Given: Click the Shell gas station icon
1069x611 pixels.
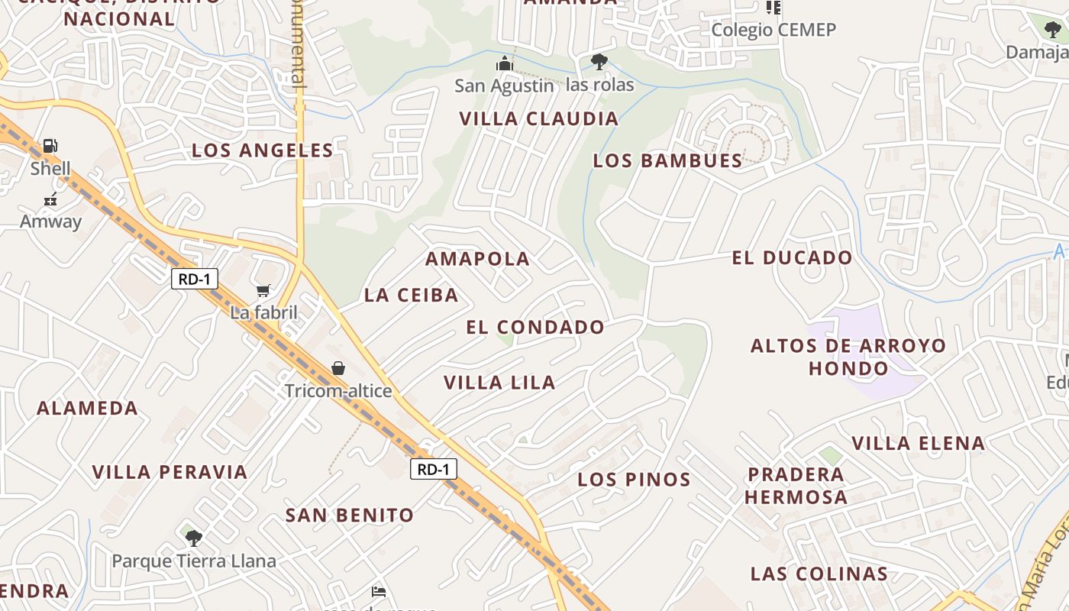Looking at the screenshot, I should (x=50, y=145).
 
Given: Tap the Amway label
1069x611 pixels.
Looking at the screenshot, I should (x=50, y=221).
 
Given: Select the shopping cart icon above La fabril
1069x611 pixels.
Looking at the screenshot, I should (x=263, y=290).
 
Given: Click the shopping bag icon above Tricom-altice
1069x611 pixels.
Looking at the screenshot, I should (x=338, y=369).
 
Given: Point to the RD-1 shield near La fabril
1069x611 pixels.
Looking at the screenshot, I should (x=194, y=280).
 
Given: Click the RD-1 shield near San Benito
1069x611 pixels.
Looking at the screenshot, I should (x=434, y=469).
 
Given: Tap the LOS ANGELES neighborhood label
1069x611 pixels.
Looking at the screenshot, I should (x=263, y=150).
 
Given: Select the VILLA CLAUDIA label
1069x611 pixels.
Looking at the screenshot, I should (x=538, y=118).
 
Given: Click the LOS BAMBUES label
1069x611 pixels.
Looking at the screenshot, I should (x=667, y=160).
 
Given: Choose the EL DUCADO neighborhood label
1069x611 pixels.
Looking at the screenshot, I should (x=792, y=258).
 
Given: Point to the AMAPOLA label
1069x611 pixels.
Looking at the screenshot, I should (x=477, y=259).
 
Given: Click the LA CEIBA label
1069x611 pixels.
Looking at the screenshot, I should (x=411, y=295).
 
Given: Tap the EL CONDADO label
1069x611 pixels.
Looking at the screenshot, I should (x=535, y=328).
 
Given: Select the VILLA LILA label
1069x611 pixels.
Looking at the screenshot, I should (x=499, y=383).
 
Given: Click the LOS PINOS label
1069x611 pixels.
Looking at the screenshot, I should (x=634, y=480).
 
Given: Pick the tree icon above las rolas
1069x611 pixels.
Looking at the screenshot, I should (x=599, y=61).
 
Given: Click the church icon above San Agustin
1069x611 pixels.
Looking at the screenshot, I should (x=504, y=63).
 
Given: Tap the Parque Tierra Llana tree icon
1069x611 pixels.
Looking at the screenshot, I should (x=194, y=538).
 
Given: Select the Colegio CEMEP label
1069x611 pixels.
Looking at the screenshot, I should (x=773, y=30).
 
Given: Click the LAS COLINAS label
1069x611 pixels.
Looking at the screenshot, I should (x=819, y=574).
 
